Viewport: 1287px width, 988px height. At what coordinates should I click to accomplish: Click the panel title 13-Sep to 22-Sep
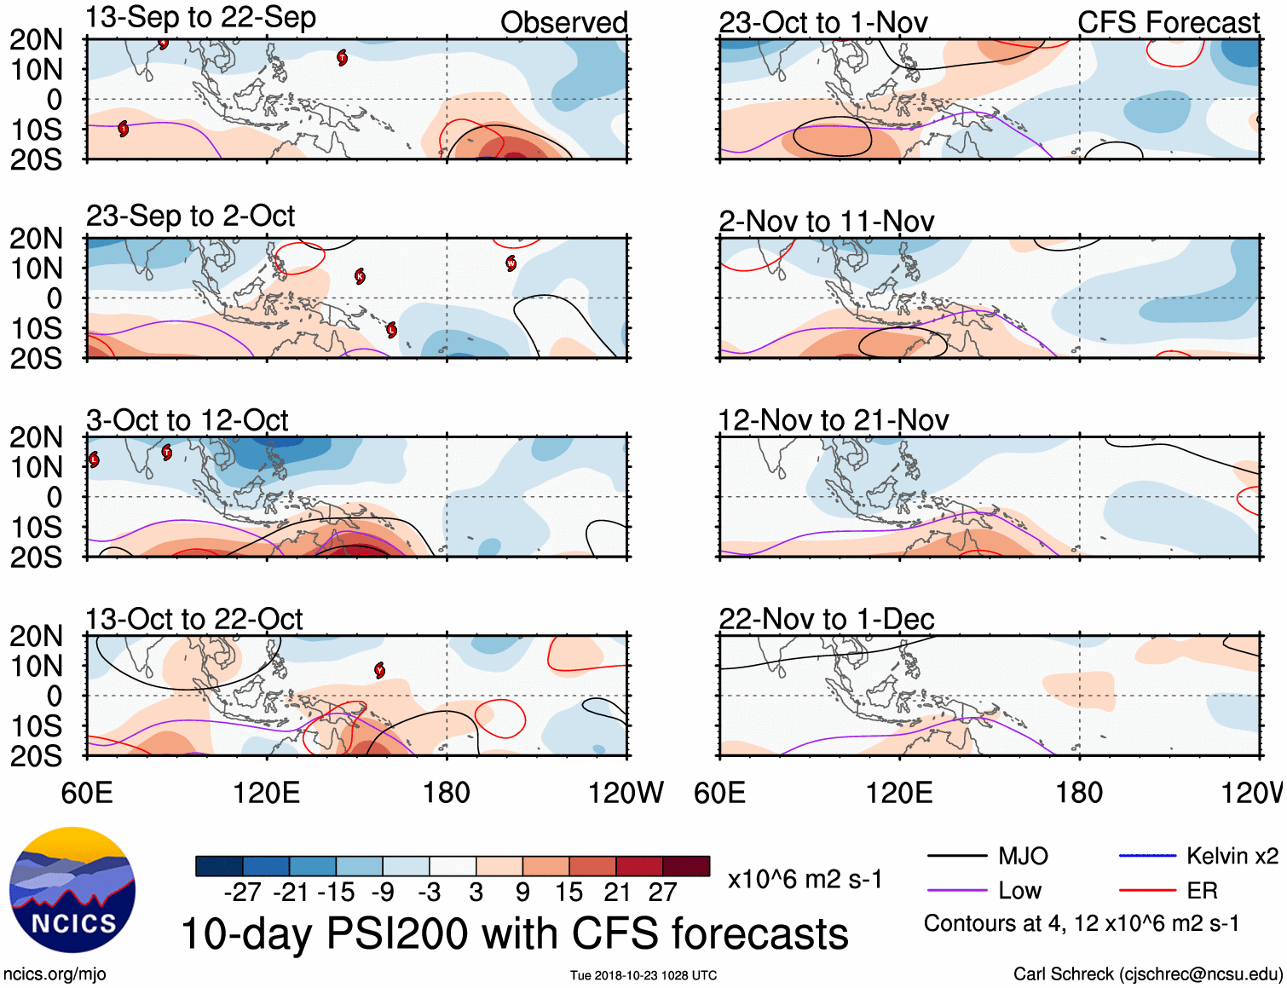201,17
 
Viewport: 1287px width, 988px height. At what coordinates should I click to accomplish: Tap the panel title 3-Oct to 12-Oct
188,420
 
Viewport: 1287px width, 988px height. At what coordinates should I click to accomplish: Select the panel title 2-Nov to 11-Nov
826,222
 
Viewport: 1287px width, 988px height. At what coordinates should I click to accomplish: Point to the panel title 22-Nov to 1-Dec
826,619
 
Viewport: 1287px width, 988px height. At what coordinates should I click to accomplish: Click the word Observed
563,23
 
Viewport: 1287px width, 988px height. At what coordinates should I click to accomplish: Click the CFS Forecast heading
1168,23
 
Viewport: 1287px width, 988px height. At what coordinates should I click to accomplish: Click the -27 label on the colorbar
242,893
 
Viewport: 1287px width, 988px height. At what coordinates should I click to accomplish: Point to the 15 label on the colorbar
568,893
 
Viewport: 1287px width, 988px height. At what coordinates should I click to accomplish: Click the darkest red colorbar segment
686,866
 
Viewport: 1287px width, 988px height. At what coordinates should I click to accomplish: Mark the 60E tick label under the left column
87,793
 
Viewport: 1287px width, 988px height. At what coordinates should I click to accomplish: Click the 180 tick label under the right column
1079,793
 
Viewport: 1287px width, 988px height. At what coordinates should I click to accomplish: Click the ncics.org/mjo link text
55,974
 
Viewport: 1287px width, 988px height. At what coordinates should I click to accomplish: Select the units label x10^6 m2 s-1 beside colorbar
805,879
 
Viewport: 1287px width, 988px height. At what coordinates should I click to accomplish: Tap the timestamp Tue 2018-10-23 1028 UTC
643,975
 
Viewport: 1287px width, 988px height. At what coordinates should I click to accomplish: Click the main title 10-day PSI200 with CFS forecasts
515,933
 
